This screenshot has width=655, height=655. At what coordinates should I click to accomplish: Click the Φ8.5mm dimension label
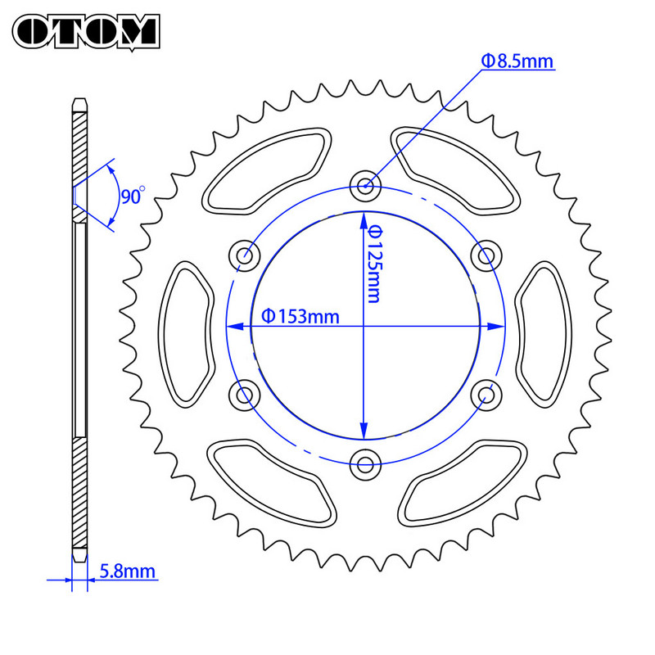click(517, 60)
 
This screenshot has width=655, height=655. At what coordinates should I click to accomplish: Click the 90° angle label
click(131, 196)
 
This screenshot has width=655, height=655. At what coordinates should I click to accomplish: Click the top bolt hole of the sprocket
click(364, 186)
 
